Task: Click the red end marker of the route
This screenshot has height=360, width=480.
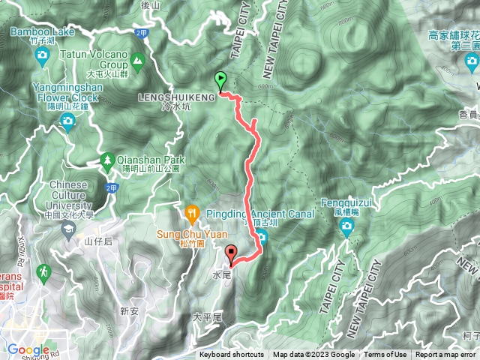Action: point(232,254)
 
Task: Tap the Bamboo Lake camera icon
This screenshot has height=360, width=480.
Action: point(43,55)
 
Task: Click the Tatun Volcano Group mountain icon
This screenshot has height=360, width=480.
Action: point(138,59)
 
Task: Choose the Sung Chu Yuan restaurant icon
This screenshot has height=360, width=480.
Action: point(192,212)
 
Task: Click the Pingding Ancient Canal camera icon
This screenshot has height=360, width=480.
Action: point(262,238)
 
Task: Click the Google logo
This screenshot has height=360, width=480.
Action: point(28,349)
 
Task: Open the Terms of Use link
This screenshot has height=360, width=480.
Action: point(385,355)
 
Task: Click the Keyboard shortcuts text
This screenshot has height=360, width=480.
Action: point(232,355)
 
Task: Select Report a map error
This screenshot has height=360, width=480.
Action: point(446,355)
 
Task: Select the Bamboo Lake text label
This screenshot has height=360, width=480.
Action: point(43,32)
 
